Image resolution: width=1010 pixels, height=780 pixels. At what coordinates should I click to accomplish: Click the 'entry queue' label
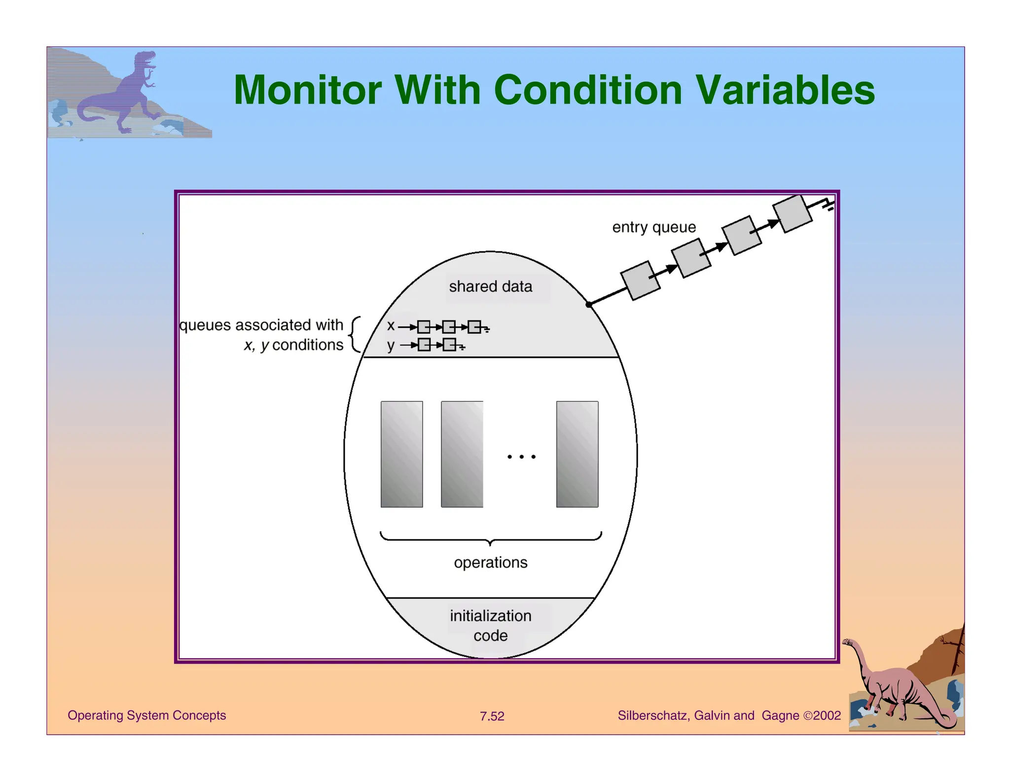[654, 227]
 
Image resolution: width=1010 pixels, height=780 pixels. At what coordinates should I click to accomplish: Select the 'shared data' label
[490, 286]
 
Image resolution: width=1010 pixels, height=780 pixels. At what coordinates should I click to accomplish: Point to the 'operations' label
[490, 563]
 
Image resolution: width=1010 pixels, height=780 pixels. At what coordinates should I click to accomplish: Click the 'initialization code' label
[490, 625]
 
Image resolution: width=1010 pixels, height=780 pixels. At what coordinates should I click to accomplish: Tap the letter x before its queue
[391, 326]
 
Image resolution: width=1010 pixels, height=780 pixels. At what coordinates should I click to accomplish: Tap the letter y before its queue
[391, 345]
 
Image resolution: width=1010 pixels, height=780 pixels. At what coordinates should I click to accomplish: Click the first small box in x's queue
[424, 327]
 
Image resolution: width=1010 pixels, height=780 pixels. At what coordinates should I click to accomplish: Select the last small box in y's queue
[449, 345]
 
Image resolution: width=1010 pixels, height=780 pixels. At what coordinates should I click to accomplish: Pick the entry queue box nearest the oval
[640, 281]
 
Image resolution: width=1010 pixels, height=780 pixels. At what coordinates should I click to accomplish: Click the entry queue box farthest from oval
[792, 213]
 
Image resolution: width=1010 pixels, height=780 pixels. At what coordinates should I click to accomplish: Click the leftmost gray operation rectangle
[401, 454]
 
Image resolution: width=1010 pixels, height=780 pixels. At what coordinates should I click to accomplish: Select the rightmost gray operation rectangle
[577, 454]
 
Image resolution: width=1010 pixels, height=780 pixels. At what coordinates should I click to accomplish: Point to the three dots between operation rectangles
[521, 457]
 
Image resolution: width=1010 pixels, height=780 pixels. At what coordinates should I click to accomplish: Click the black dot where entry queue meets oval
[589, 305]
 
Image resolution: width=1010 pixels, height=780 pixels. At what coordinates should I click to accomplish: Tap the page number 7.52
[492, 716]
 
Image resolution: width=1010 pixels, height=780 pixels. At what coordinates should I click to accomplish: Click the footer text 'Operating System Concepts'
[146, 715]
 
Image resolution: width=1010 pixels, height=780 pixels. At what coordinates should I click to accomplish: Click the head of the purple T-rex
[146, 60]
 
